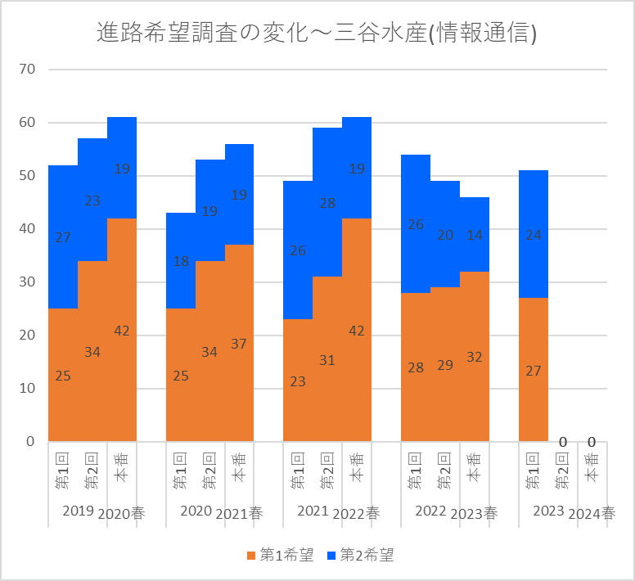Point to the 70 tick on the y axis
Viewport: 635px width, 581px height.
[26, 70]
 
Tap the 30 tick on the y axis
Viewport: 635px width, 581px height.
[26, 282]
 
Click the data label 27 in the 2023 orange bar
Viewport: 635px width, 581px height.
[534, 371]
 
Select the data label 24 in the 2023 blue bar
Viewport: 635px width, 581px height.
[534, 235]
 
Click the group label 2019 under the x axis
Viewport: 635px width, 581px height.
[78, 511]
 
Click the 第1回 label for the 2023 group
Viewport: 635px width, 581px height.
[533, 471]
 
